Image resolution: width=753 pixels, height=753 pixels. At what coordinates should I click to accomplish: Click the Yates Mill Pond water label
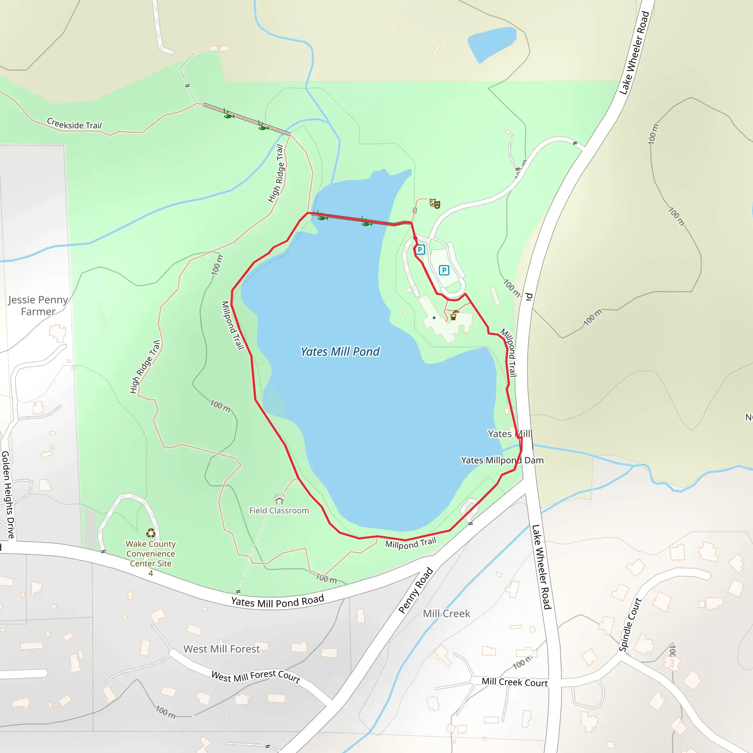click(x=340, y=351)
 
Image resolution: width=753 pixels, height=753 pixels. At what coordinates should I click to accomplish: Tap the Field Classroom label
click(x=279, y=511)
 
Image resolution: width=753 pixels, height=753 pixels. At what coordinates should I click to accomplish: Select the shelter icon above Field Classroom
click(x=279, y=499)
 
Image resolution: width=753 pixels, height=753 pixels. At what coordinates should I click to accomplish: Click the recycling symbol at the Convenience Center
click(x=151, y=533)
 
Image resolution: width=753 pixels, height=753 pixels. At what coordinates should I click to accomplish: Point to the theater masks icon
click(x=435, y=203)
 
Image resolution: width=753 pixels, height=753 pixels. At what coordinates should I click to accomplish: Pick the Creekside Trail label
click(x=74, y=124)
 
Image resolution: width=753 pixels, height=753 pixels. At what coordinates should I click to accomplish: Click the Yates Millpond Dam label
click(x=502, y=460)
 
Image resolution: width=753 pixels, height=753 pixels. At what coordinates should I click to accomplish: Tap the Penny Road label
click(x=416, y=590)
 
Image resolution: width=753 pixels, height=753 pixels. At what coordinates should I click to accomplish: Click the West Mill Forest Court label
click(x=256, y=677)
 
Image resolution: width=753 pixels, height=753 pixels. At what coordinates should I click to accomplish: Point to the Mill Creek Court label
click(x=514, y=682)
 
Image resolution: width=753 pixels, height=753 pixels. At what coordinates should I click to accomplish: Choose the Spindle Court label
click(x=630, y=625)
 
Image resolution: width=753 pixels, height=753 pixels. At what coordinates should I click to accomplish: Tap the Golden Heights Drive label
click(x=8, y=495)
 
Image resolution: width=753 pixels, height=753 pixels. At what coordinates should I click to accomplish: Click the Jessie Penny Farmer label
click(x=38, y=306)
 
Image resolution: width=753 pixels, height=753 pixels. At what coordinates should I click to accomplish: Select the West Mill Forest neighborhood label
click(x=221, y=649)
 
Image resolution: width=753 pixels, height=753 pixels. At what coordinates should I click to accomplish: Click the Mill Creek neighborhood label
click(x=446, y=614)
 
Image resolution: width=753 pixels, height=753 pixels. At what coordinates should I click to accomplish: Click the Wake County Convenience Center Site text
click(x=151, y=554)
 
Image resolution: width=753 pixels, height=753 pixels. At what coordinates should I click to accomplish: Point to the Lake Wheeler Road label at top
click(x=634, y=53)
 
